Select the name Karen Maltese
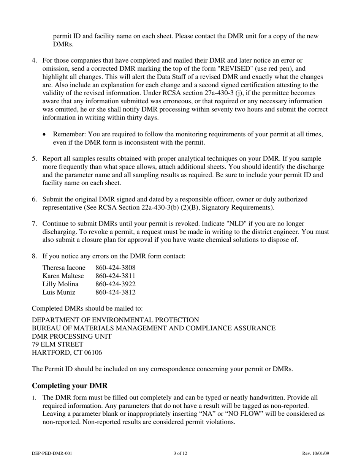63,276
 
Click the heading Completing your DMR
70,386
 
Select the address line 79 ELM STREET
57,344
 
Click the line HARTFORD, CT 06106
67,353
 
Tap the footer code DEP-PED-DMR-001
52,453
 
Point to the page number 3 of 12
180,453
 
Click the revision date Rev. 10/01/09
316,453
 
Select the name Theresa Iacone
64,268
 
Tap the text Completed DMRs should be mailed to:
87,308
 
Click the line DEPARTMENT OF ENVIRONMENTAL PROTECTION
115,320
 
